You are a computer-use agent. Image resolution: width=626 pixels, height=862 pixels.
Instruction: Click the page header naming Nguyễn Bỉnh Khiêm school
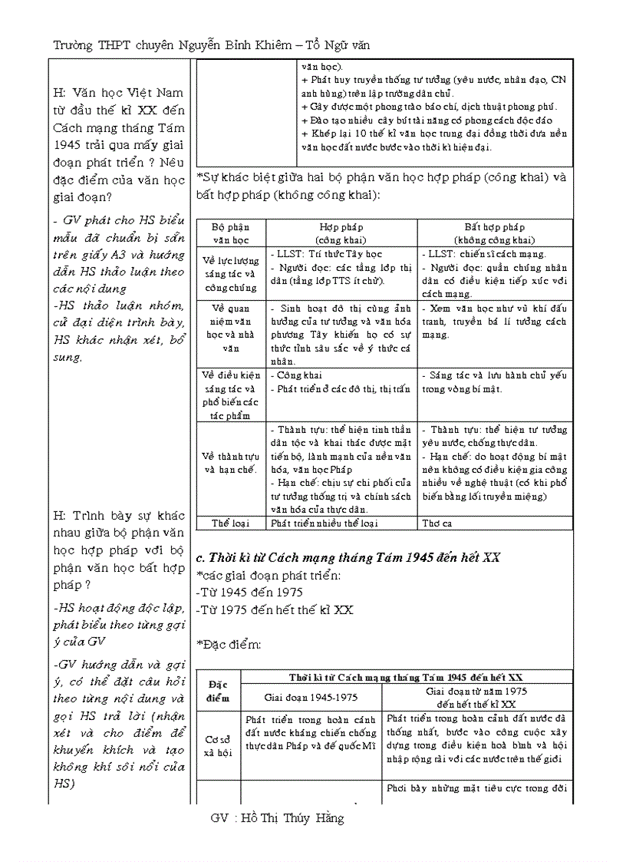[x=211, y=45]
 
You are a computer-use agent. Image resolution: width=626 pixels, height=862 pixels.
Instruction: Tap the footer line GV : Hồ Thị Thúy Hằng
[x=277, y=818]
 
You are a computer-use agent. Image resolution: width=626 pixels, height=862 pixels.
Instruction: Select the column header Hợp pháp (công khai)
[x=341, y=233]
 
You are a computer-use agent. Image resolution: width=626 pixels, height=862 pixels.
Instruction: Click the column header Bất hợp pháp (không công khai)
[x=495, y=233]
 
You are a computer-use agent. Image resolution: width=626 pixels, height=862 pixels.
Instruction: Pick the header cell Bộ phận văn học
[x=231, y=233]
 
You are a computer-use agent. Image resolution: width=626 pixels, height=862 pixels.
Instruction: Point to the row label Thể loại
[x=231, y=523]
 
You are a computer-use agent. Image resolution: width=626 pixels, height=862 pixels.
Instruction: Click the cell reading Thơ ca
[x=437, y=523]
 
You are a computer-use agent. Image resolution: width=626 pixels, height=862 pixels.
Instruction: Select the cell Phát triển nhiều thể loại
[x=326, y=523]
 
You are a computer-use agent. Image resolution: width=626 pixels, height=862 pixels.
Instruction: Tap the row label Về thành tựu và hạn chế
[x=231, y=463]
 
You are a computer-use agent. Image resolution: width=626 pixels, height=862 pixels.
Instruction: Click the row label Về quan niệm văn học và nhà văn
[x=231, y=328]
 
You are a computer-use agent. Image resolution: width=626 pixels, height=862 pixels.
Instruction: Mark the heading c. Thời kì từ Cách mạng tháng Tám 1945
[x=348, y=557]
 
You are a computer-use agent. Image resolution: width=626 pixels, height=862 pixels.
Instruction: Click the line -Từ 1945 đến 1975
[x=249, y=592]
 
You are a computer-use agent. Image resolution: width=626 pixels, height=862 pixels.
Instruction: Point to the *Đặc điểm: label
[x=229, y=644]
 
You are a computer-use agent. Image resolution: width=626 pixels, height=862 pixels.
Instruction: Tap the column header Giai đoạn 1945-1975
[x=311, y=697]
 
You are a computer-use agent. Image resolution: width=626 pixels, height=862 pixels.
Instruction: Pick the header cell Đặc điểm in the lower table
[x=219, y=690]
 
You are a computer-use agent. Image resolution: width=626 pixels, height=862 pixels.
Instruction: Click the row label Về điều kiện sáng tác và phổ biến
[x=231, y=395]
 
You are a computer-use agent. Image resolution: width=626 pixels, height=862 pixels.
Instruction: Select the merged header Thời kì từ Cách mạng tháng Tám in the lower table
[x=406, y=677]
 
